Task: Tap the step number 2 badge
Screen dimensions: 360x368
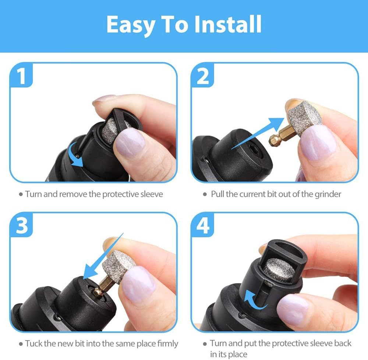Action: point(203,76)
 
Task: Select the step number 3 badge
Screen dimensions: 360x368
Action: point(22,225)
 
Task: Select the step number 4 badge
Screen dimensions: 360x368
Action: point(203,225)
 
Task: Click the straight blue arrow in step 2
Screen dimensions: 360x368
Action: point(258,131)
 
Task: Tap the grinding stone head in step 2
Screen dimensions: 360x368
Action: point(304,116)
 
